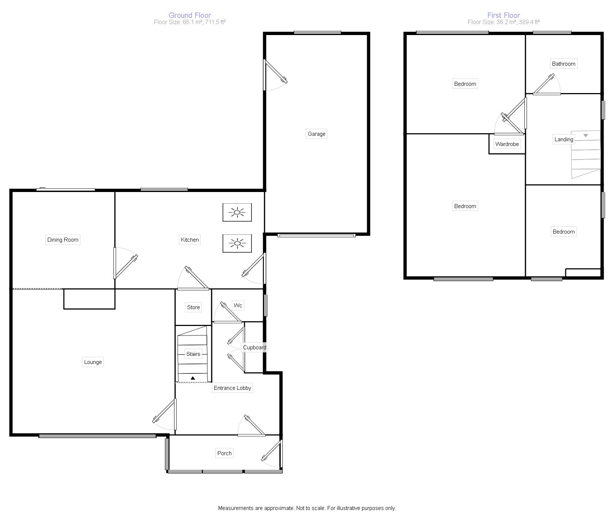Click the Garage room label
(x=316, y=134)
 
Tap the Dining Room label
(x=63, y=240)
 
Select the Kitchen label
(x=190, y=240)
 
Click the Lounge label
(x=93, y=362)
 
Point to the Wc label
(x=238, y=306)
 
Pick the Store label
(x=193, y=307)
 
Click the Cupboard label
(x=254, y=348)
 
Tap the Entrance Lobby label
(x=232, y=388)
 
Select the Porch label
(x=224, y=453)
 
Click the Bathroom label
(x=563, y=64)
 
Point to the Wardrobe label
(x=507, y=144)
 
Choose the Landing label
(x=563, y=139)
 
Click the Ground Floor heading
(x=190, y=15)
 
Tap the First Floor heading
(x=504, y=15)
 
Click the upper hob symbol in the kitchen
(x=237, y=212)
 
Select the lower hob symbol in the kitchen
(x=237, y=243)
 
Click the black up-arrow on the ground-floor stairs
(x=193, y=378)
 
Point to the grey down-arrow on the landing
(x=586, y=136)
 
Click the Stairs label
(x=193, y=354)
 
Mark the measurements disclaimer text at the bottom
(x=307, y=508)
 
